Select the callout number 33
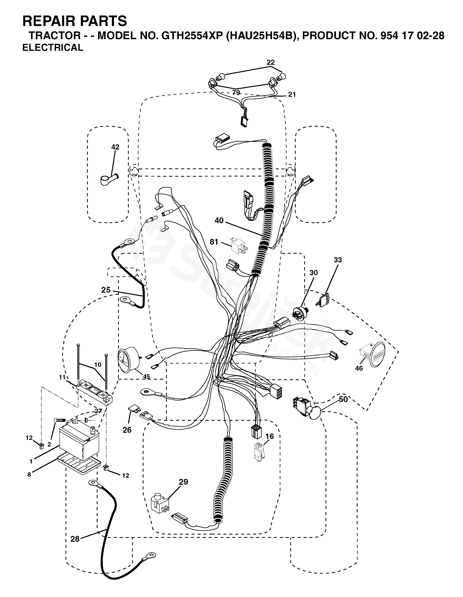pyautogui.click(x=338, y=260)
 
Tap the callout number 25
pyautogui.click(x=106, y=290)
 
